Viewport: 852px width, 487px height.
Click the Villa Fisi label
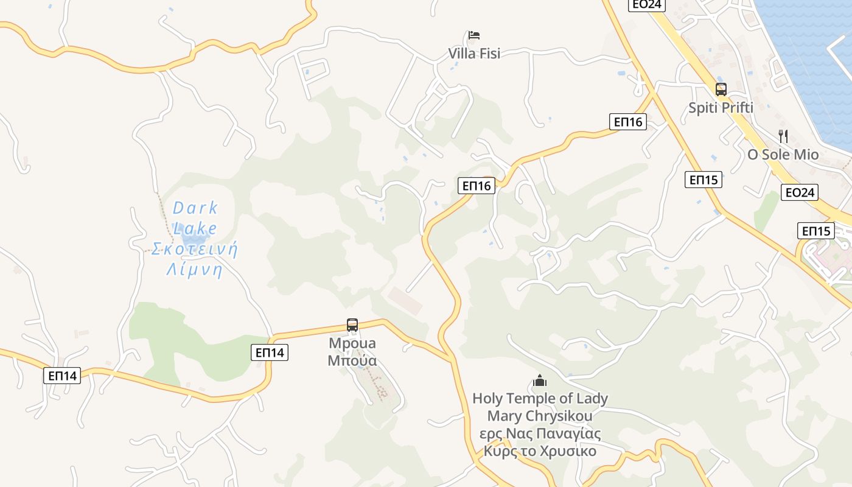(474, 54)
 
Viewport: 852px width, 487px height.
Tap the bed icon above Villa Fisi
(474, 35)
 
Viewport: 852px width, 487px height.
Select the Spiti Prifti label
(721, 108)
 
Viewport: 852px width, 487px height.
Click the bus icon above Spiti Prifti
(721, 89)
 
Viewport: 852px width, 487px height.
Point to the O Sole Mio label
(783, 155)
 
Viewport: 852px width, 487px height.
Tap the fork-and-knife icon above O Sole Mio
(783, 136)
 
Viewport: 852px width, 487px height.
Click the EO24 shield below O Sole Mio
(800, 193)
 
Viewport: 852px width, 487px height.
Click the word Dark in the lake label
(195, 208)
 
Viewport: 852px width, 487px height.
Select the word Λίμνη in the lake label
(194, 270)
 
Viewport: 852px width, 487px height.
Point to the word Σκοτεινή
(194, 249)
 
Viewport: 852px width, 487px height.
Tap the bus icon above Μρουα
(352, 325)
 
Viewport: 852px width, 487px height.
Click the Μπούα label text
(352, 361)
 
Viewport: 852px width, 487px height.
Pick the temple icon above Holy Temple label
(540, 381)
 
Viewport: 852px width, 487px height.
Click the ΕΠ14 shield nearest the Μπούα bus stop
(269, 352)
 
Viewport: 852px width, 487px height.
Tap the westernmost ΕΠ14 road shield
(62, 376)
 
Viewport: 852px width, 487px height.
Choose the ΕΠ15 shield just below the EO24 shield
(815, 231)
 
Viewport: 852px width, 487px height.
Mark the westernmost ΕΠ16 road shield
(477, 186)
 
